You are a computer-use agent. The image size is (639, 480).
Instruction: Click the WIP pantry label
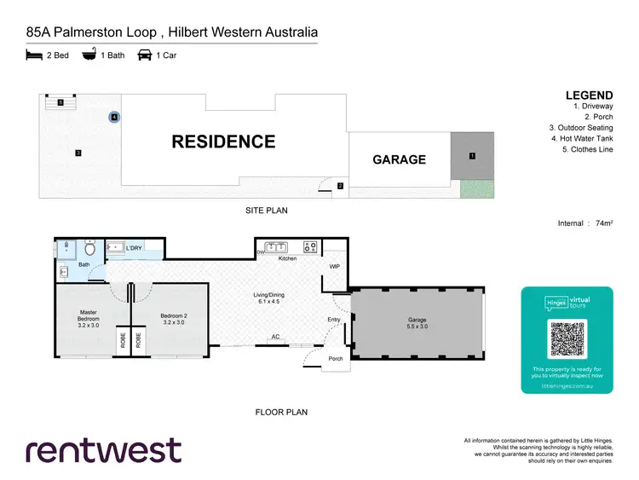pos(334,267)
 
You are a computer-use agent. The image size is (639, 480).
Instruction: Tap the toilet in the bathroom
pos(89,251)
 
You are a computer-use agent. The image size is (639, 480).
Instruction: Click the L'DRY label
pos(134,248)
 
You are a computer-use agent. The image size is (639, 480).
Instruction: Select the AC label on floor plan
pos(276,337)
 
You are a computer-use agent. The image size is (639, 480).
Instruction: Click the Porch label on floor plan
pos(336,359)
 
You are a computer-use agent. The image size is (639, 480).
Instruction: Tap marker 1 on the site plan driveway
pos(472,156)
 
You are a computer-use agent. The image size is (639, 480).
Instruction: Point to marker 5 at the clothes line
pos(60,102)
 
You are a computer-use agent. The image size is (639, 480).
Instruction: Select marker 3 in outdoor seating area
pos(78,153)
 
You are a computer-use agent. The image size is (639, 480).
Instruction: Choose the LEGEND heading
pos(589,95)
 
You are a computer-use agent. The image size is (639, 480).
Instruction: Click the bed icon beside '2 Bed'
pos(34,55)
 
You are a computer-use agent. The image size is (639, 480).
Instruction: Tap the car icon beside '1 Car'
pos(144,55)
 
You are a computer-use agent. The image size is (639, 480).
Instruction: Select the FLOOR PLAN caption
pos(281,412)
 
